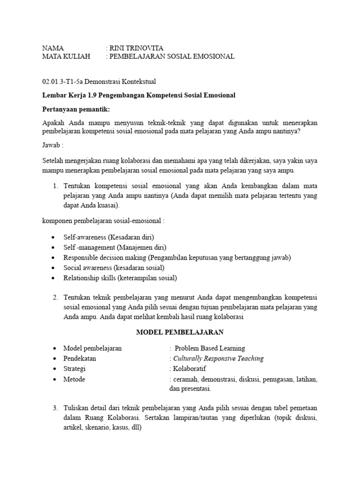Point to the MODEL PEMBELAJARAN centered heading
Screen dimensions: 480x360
point(180,332)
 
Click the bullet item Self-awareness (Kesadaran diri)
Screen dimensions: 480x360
point(109,237)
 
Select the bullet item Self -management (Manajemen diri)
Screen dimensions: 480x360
point(115,247)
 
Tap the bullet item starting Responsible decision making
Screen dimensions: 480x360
point(177,257)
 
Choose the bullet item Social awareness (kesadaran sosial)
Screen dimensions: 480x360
point(114,268)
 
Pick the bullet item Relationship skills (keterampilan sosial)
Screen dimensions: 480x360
point(120,278)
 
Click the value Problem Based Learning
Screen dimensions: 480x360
point(210,348)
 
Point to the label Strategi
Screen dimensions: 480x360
point(75,369)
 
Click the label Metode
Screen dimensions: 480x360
point(74,379)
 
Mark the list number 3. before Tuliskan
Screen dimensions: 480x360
point(55,408)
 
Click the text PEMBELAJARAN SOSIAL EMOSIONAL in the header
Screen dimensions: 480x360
point(172,56)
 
